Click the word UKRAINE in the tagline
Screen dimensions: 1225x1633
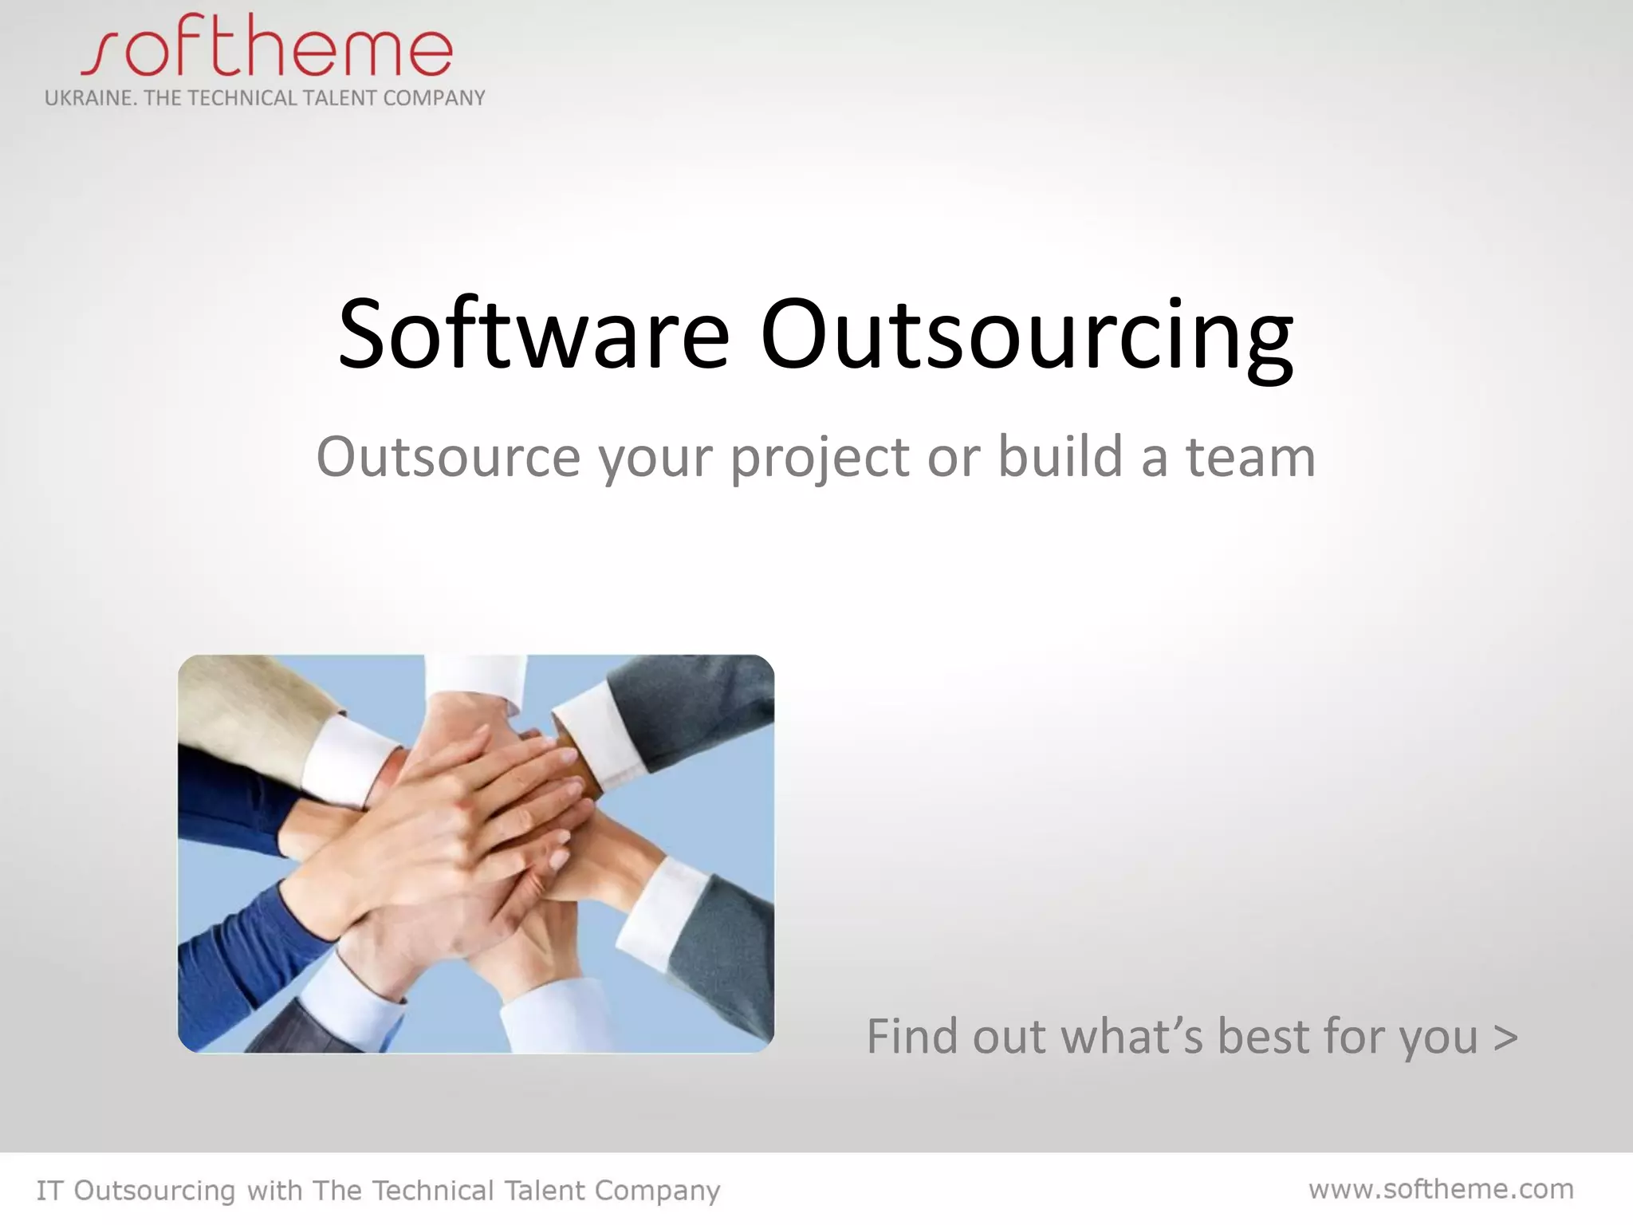click(x=88, y=98)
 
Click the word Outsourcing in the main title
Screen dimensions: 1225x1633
click(x=1026, y=335)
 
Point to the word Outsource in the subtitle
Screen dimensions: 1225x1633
click(x=448, y=458)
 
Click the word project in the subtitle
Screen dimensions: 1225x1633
click(x=819, y=459)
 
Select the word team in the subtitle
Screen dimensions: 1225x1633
click(x=1250, y=458)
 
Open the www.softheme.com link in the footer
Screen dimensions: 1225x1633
click(x=1441, y=1189)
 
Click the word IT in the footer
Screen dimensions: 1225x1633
click(x=49, y=1191)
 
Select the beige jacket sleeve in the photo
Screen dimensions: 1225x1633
click(x=239, y=710)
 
